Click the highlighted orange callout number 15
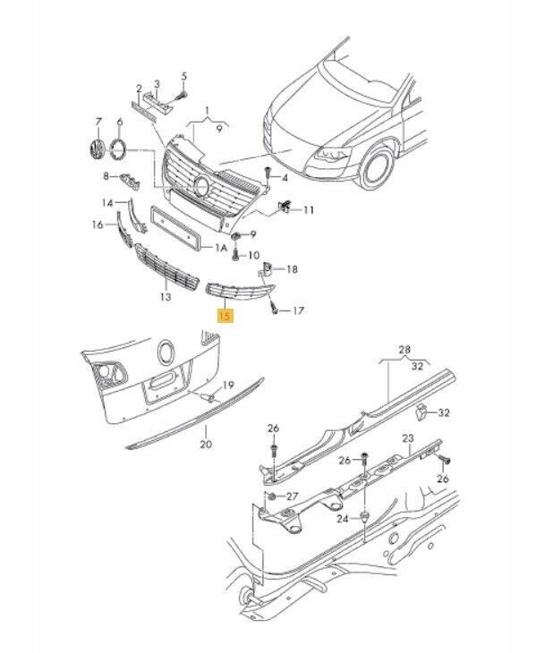(225, 316)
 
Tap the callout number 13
(166, 297)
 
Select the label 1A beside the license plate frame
(221, 248)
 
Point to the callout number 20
(206, 445)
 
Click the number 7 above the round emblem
(98, 122)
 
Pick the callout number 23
(408, 438)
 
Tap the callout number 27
(293, 496)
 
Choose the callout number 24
(343, 519)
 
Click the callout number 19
(228, 386)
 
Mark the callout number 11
(308, 210)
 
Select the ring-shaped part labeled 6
(118, 148)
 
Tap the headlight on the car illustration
(332, 154)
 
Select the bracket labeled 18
(265, 269)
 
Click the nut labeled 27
(271, 496)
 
